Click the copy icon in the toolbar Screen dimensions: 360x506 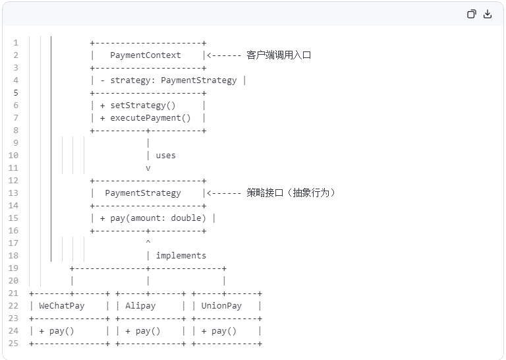coord(472,14)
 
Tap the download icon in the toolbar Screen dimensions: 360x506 coord(488,14)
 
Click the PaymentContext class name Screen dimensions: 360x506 coord(145,55)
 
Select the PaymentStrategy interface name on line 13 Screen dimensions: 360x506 coord(142,193)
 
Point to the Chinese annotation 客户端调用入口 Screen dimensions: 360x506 coord(279,55)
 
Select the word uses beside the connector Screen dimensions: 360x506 coord(165,156)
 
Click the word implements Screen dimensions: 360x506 coord(181,256)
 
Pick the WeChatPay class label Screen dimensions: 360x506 coord(62,306)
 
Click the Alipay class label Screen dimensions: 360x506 coord(140,306)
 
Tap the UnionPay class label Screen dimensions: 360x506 coord(221,306)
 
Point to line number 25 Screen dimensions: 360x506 coord(14,344)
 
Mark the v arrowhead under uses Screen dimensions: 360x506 coord(148,168)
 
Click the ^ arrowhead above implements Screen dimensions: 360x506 coord(148,243)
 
